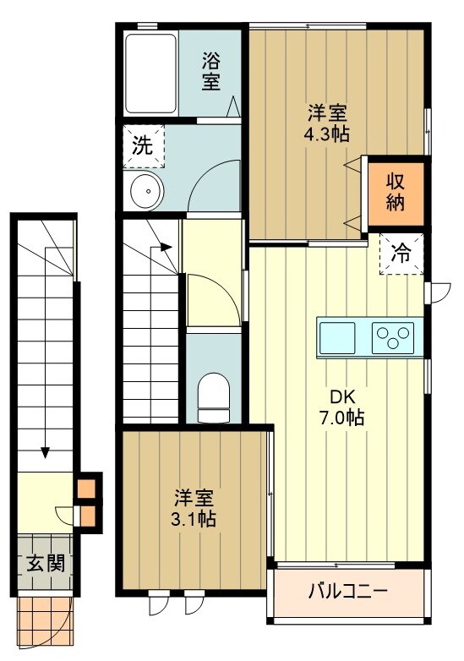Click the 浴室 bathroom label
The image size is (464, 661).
(210, 72)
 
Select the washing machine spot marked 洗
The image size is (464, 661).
(142, 145)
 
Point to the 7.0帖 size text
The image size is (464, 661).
(342, 418)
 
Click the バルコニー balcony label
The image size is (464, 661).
(347, 589)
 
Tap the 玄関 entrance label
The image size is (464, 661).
(39, 563)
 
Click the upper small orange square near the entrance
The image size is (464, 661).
(86, 489)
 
